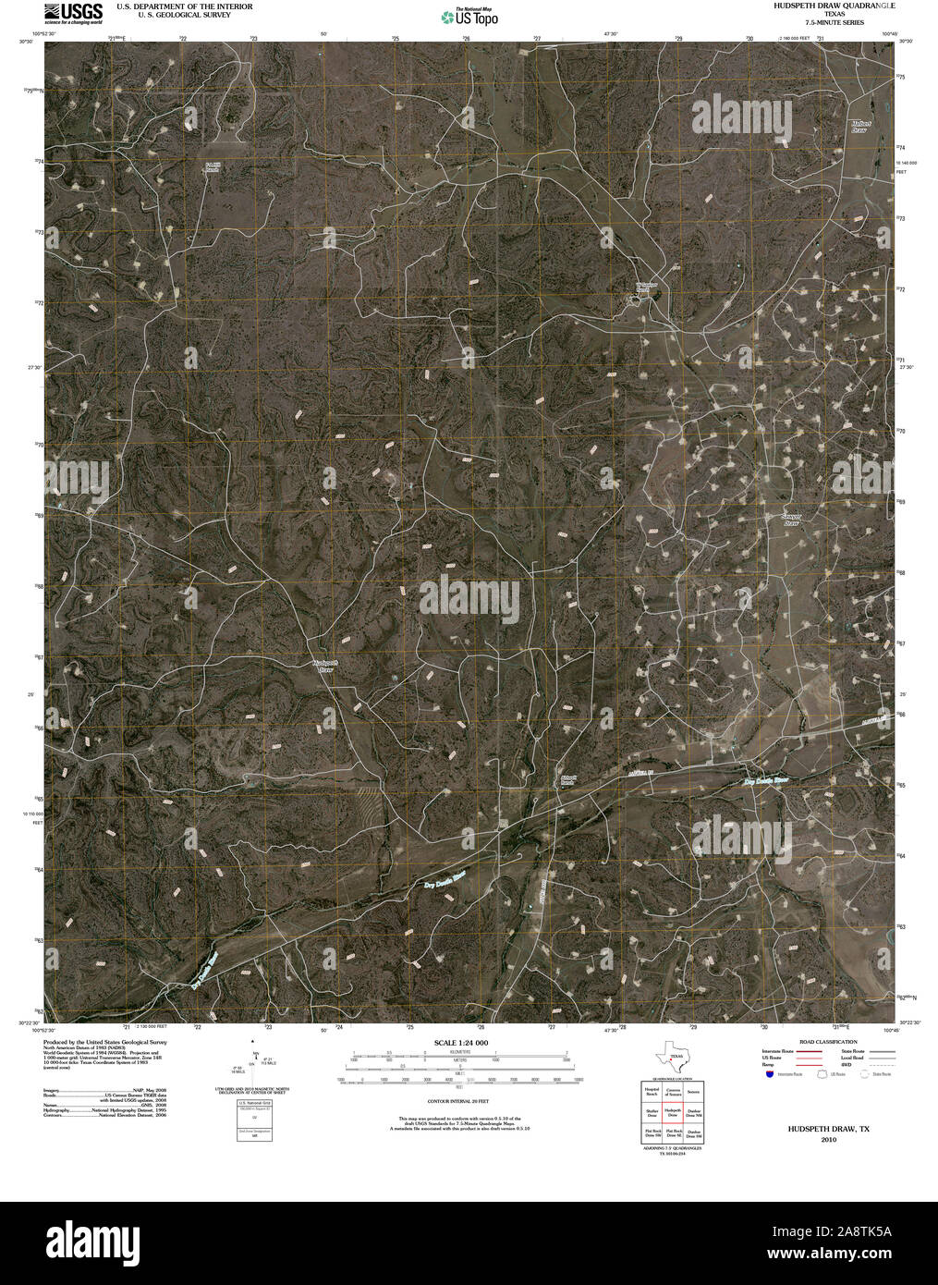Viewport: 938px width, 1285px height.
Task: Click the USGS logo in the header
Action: pyautogui.click(x=73, y=12)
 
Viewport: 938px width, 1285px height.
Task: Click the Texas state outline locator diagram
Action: pyautogui.click(x=672, y=1056)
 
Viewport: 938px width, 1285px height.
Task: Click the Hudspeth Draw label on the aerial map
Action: pyautogui.click(x=323, y=666)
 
